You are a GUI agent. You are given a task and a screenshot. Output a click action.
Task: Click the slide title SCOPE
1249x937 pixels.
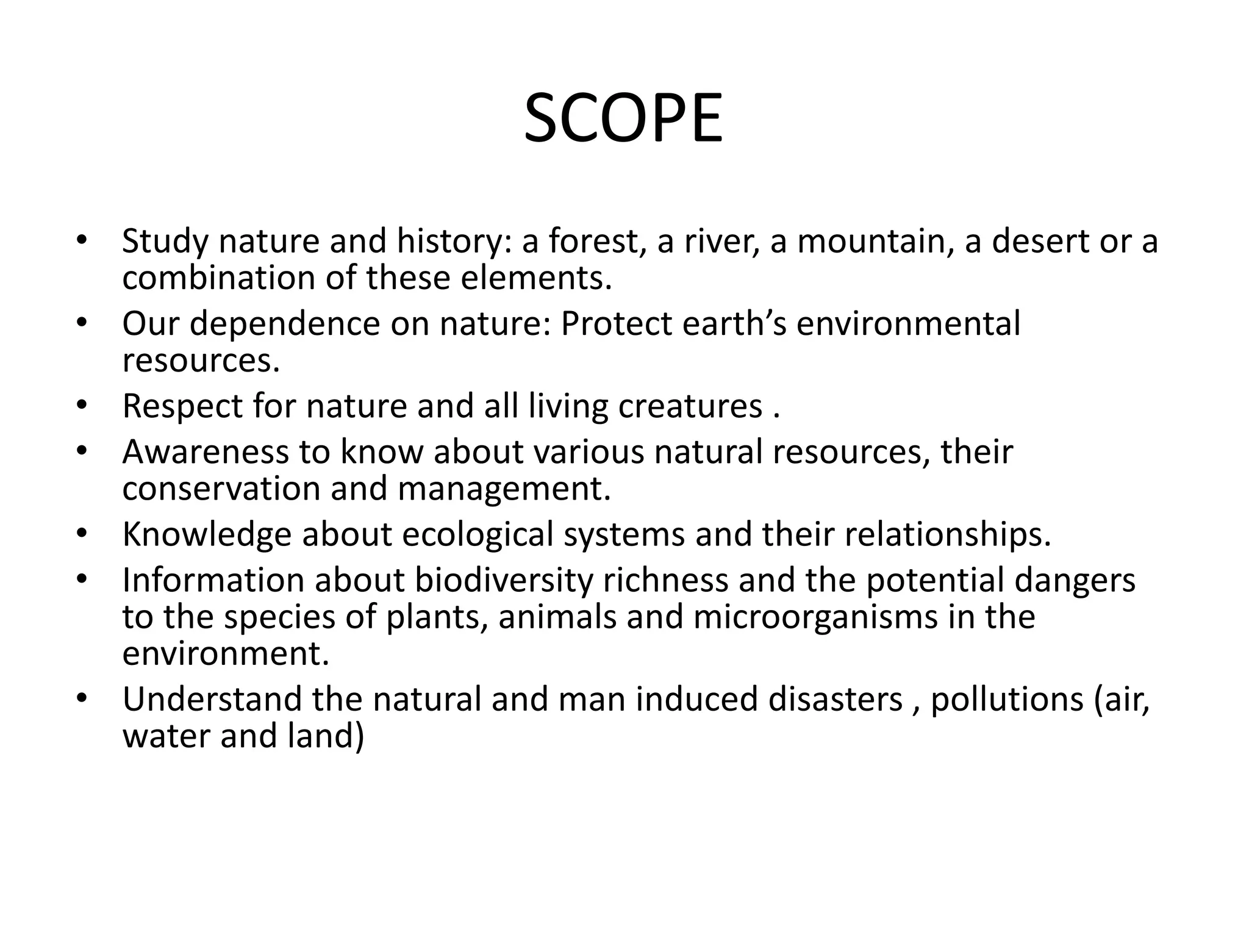623,119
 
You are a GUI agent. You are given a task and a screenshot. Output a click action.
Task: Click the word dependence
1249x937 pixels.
285,324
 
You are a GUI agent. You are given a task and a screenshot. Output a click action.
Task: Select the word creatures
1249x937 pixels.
690,406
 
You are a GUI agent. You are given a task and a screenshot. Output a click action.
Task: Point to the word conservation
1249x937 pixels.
221,489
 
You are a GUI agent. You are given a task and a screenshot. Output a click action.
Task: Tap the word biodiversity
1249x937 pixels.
504,580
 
